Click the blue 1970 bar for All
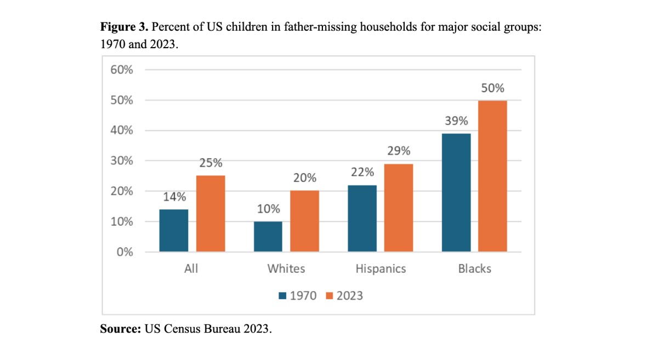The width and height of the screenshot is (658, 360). [x=174, y=231]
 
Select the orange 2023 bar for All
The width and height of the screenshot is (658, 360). [x=211, y=214]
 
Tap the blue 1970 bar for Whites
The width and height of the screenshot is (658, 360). [x=268, y=237]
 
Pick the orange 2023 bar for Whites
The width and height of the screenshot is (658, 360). [x=304, y=221]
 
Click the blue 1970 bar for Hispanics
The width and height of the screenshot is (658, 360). [x=362, y=219]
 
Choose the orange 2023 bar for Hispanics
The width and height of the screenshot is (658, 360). [x=399, y=208]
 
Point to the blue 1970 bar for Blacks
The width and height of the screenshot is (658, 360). [x=456, y=192]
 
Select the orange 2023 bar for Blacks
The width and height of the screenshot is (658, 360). [x=492, y=176]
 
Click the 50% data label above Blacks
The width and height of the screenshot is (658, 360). [x=492, y=88]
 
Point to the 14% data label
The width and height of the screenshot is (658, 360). [x=174, y=197]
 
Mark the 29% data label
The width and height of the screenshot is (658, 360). [x=399, y=151]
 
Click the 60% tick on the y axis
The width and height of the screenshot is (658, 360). [x=122, y=70]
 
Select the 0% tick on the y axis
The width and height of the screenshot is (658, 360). [x=125, y=253]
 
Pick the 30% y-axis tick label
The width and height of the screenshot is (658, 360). [x=122, y=161]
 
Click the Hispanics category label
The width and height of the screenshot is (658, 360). [x=381, y=268]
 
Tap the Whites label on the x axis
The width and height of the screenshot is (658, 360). [x=286, y=268]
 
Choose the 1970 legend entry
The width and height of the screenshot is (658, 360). [x=298, y=295]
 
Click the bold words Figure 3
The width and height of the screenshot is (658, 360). [x=124, y=27]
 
